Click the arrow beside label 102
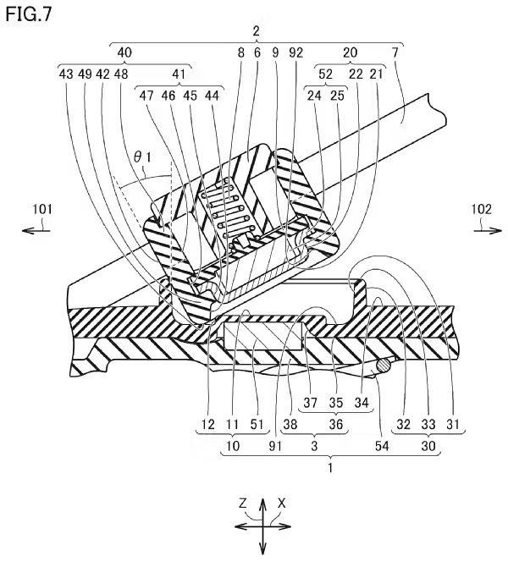point(475,226)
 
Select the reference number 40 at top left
point(124,52)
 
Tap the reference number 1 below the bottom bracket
point(331,465)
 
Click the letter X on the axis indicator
point(282,503)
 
